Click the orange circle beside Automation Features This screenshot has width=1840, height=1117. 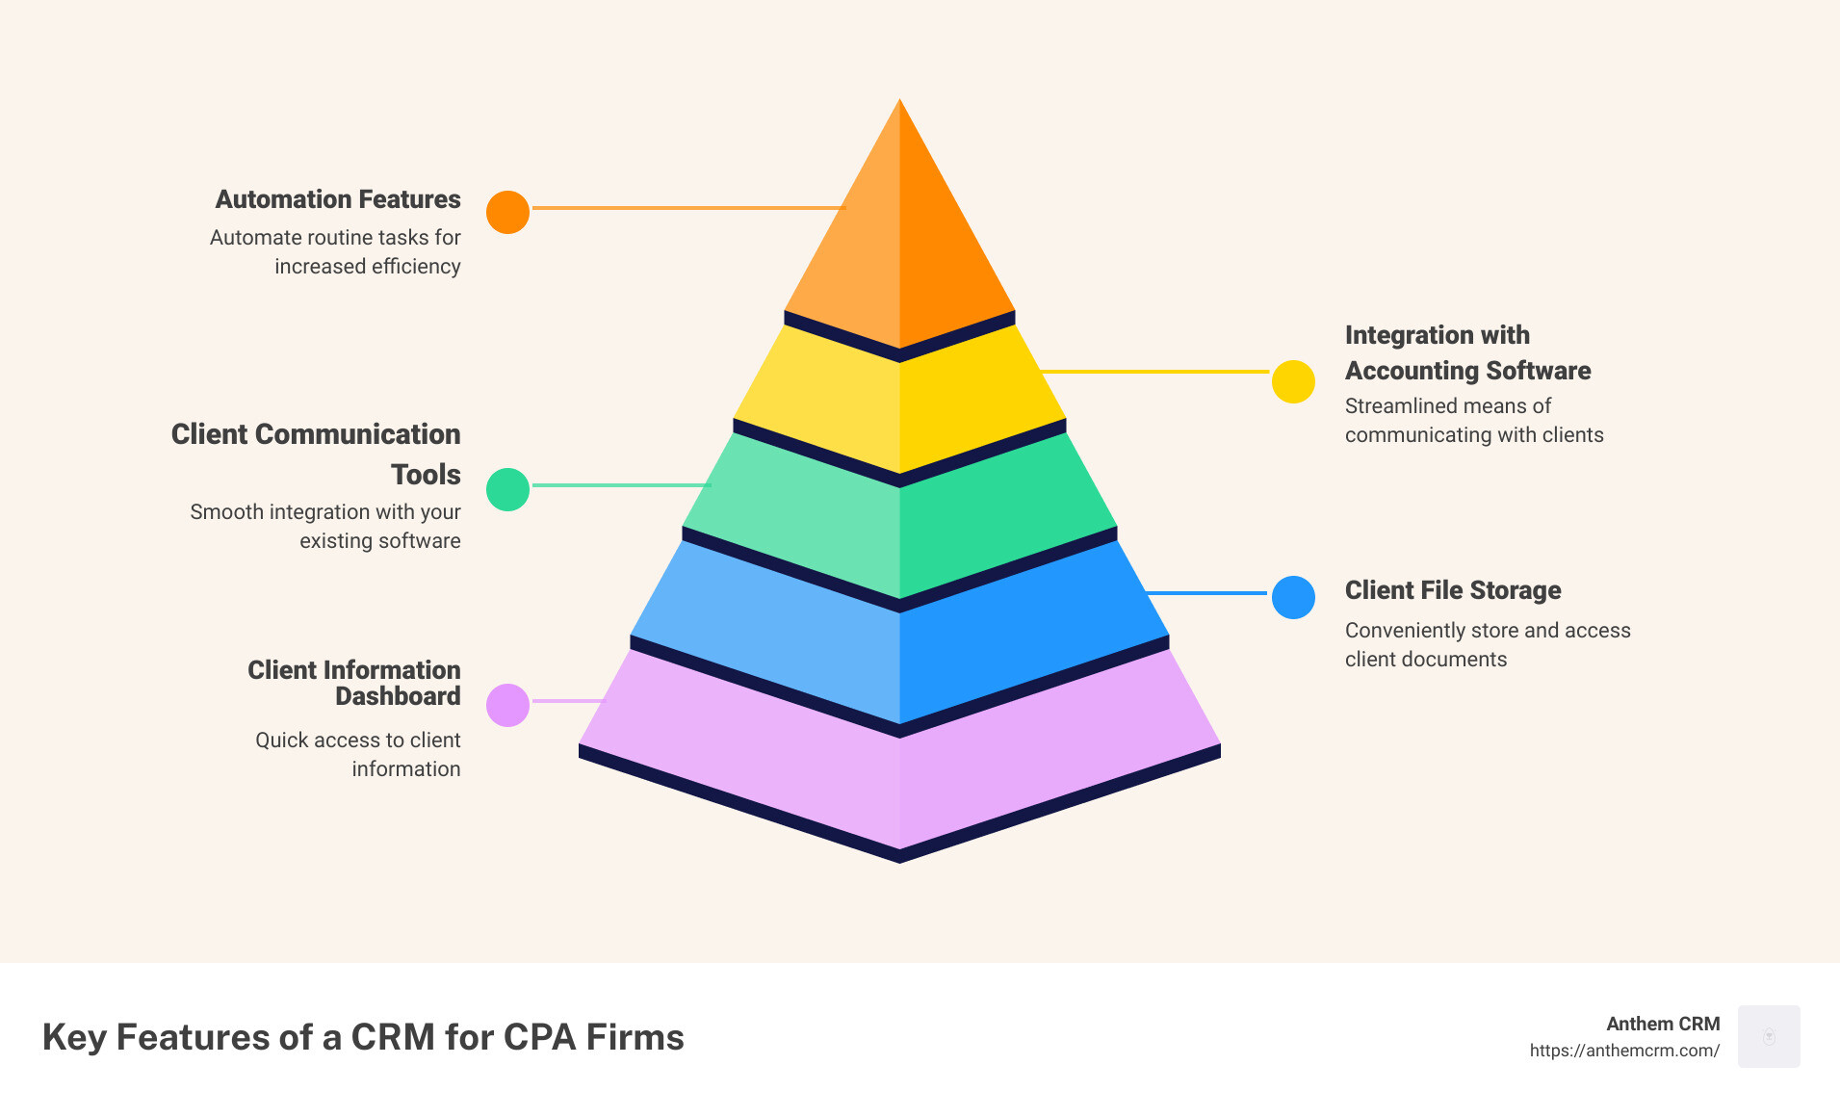coord(507,212)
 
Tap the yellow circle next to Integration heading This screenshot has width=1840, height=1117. coord(1293,381)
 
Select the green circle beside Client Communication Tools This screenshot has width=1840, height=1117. coord(507,489)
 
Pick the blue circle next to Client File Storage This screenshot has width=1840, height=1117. coord(1293,597)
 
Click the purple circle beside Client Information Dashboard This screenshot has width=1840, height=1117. coord(507,705)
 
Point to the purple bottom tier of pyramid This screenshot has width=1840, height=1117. coord(899,770)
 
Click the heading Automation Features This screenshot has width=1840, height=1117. coord(338,199)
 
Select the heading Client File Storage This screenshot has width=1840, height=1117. coord(1452,590)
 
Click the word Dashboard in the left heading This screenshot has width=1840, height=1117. coord(398,696)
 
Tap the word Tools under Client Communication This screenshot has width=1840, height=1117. coord(426,475)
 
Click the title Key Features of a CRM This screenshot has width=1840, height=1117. coord(363,1037)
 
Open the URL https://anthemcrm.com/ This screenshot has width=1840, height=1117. coord(1623,1051)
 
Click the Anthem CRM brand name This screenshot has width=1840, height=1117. coord(1662,1024)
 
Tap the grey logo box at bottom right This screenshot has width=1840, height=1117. coord(1769,1036)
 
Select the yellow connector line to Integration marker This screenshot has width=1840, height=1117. coord(1155,371)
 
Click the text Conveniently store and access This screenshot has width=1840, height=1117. coord(1487,631)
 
